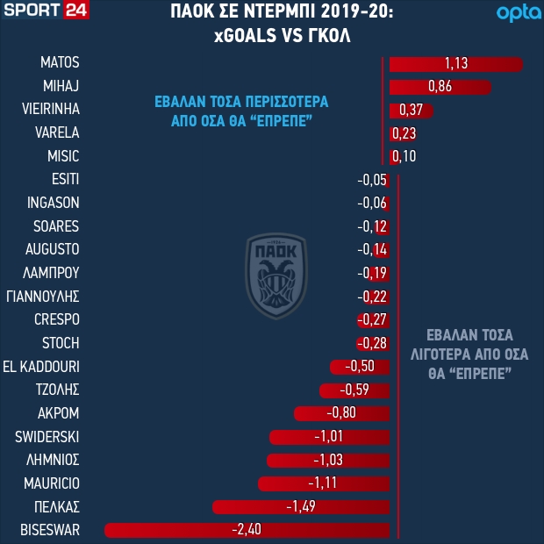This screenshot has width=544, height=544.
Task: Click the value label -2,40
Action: point(246,529)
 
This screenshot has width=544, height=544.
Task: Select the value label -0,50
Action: point(361,366)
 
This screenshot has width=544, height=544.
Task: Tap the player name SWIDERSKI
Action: point(47,436)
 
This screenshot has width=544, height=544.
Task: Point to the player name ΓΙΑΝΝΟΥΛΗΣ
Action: point(43,296)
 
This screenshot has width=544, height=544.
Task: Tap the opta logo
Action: point(514,13)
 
